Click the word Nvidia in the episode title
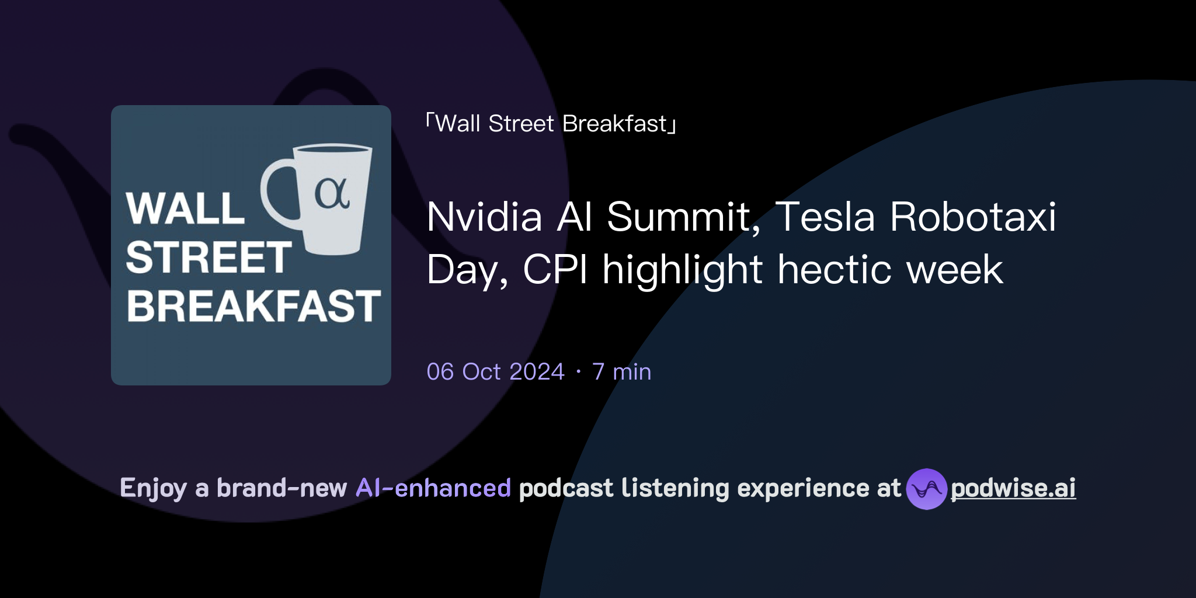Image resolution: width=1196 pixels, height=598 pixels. [x=485, y=217]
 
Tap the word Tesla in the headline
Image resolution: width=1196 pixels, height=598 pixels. [x=825, y=217]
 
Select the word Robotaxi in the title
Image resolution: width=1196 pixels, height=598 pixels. [x=973, y=217]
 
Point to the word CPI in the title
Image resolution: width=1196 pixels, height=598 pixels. [x=555, y=270]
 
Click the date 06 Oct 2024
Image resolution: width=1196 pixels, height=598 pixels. [x=495, y=372]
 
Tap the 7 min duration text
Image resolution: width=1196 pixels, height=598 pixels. [x=621, y=372]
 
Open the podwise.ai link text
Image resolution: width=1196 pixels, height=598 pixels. [x=1013, y=488]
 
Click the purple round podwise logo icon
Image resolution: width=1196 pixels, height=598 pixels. [x=926, y=489]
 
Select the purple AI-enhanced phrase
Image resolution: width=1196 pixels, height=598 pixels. [x=433, y=488]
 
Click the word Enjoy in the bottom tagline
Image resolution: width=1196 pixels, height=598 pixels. [x=153, y=488]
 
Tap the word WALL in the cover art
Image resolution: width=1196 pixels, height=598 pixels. [x=185, y=208]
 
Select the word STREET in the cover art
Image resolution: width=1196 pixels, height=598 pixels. [x=208, y=258]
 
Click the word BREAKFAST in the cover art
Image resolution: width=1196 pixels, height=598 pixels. [x=253, y=306]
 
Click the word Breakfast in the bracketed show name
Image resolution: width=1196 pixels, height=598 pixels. [x=614, y=124]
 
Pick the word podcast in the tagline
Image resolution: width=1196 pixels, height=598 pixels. [x=565, y=488]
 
